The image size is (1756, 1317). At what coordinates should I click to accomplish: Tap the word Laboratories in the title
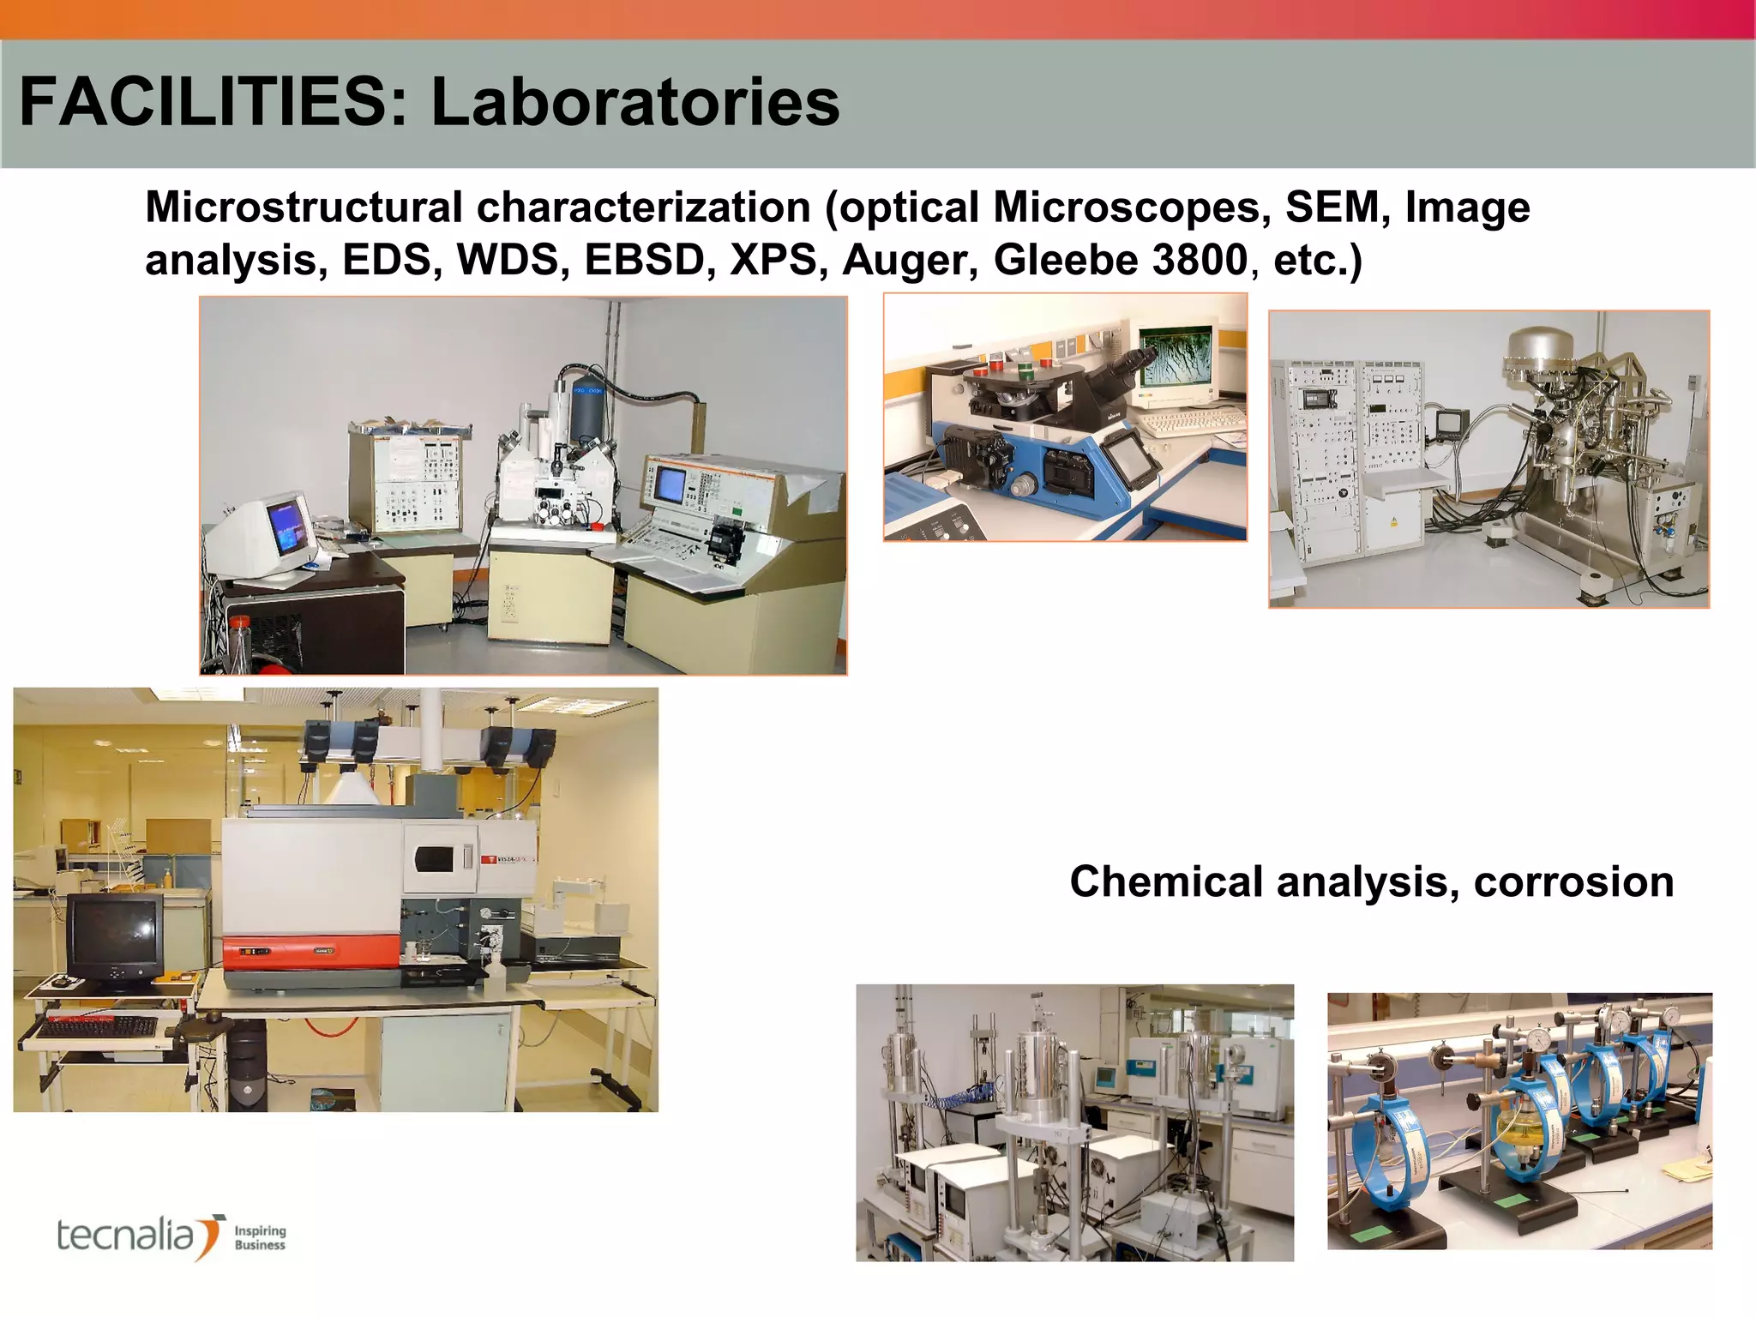[x=634, y=103]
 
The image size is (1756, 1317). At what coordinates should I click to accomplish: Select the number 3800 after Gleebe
[x=1200, y=260]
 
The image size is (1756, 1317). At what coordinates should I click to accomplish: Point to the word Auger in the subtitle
[x=910, y=260]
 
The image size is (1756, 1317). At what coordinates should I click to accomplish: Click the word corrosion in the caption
[x=1573, y=881]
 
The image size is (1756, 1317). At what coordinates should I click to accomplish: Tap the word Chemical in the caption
[x=1166, y=881]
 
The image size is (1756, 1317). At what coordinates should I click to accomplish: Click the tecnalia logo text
[x=126, y=1236]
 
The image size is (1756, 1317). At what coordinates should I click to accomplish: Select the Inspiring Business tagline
[x=260, y=1237]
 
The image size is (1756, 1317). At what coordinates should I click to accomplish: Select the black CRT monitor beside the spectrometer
[x=114, y=940]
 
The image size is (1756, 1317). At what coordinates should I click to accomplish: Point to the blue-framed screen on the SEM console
[x=671, y=485]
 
